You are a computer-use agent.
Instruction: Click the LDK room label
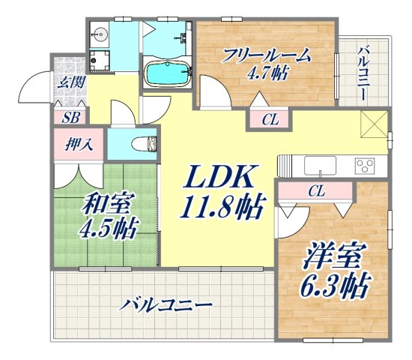click(x=219, y=178)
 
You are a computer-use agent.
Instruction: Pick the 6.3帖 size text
click(x=335, y=286)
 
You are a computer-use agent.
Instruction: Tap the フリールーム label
click(x=266, y=56)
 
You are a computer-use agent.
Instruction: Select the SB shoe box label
click(x=70, y=117)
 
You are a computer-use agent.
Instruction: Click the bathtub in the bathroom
click(x=166, y=74)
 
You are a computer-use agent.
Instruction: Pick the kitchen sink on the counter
click(x=318, y=165)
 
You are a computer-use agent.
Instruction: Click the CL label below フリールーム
click(x=271, y=119)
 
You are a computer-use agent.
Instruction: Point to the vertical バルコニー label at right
click(x=363, y=74)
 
